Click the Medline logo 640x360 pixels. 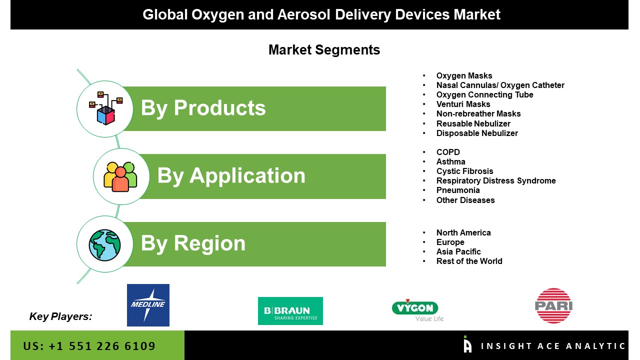click(x=148, y=305)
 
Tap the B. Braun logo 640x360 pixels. click(x=290, y=311)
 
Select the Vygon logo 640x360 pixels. click(x=417, y=310)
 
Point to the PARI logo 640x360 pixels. click(x=553, y=305)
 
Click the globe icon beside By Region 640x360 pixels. click(x=104, y=245)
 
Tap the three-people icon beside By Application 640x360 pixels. click(x=120, y=176)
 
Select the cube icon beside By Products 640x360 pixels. click(x=105, y=108)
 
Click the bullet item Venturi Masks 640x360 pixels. click(x=463, y=104)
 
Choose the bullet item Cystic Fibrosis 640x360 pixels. click(x=465, y=171)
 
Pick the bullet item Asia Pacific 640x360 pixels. click(x=458, y=251)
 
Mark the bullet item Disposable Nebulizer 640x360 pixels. click(x=477, y=133)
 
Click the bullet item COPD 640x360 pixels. click(x=448, y=152)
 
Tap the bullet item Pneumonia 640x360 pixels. click(x=458, y=190)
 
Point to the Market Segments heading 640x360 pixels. click(x=324, y=50)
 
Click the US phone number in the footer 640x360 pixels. click(x=89, y=346)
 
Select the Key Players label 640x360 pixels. click(x=60, y=316)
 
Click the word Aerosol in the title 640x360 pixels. click(x=303, y=14)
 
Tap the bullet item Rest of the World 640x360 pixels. click(x=469, y=261)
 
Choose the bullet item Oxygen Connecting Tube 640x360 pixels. click(x=485, y=95)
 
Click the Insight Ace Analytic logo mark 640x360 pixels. click(x=467, y=344)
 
